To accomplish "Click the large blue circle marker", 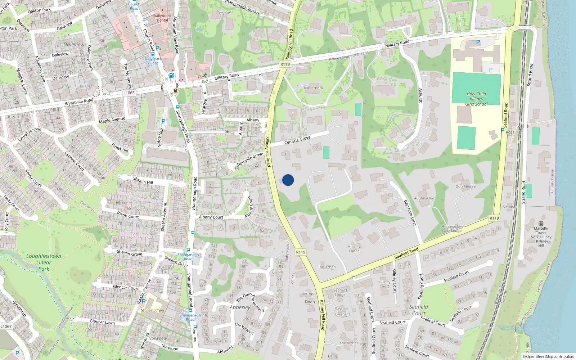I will (288, 180).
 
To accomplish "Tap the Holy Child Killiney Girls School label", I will (476, 99).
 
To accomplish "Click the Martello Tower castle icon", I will (541, 223).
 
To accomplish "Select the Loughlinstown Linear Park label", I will (44, 262).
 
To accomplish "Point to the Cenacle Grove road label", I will (297, 140).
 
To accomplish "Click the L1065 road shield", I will (129, 93).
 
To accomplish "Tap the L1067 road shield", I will (6, 327).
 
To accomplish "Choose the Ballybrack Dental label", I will (162, 18).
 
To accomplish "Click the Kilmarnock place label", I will (314, 88).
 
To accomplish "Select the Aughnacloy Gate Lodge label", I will (452, 229).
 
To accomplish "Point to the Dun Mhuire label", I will (465, 186).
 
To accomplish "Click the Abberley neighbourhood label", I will (240, 307).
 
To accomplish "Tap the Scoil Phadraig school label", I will (152, 310).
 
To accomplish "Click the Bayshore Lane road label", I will (410, 213).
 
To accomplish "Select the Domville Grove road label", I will (250, 159).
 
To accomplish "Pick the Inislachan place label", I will (327, 267).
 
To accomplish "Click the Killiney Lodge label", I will (354, 249).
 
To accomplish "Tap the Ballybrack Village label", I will (153, 61).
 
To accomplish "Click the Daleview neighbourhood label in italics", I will (74, 45).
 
